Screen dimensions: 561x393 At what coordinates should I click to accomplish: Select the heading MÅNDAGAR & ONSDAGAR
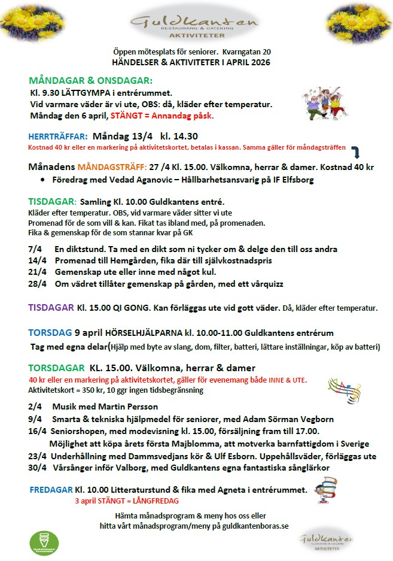click(x=90, y=80)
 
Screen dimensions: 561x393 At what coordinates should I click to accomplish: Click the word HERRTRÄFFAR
click(x=58, y=136)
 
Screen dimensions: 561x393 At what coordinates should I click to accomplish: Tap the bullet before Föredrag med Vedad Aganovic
click(x=43, y=180)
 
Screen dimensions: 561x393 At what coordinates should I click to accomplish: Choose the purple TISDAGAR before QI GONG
click(x=50, y=308)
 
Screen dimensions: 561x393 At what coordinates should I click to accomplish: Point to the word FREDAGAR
click(x=51, y=490)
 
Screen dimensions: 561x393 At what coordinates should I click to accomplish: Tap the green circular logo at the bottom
click(x=44, y=542)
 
